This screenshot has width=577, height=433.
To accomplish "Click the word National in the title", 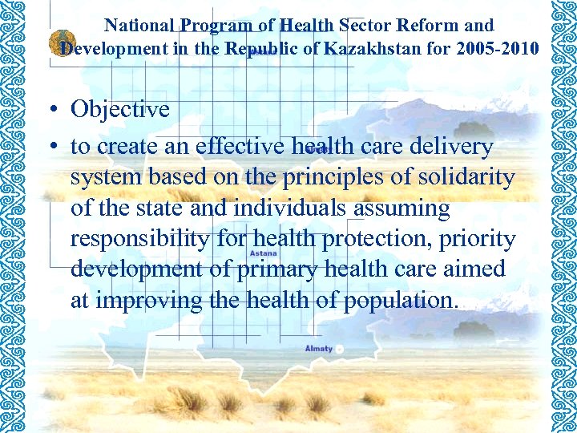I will (139, 26).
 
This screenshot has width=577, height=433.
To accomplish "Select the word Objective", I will (120, 109).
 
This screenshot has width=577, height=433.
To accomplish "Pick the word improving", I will (149, 300).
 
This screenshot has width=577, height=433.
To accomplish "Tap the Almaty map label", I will (318, 348).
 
